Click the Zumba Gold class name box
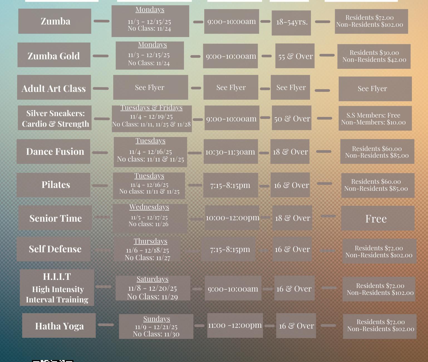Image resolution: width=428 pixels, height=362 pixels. [x=54, y=55]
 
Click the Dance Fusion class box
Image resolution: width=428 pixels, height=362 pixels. [x=53, y=151]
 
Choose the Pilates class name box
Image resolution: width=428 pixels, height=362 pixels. [x=53, y=185]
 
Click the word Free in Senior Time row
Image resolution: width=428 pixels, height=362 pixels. [x=376, y=219]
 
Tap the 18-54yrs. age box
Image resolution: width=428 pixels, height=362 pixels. [x=291, y=23]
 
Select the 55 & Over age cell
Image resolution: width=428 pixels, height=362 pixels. [x=295, y=56]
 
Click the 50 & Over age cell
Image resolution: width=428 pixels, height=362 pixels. [x=292, y=118]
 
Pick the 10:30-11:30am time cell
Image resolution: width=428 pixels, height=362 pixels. [x=231, y=151]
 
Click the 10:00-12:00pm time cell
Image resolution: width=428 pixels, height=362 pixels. [x=232, y=218]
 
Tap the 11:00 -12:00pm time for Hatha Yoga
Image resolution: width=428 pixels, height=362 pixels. [x=235, y=325]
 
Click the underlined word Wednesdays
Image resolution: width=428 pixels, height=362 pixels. [x=149, y=207]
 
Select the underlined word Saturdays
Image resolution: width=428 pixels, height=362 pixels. [x=152, y=279]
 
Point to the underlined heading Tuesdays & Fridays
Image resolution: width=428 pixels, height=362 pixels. [x=151, y=107]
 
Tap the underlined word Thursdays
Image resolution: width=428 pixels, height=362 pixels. [x=151, y=241]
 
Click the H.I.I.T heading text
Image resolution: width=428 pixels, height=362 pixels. [x=57, y=277]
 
